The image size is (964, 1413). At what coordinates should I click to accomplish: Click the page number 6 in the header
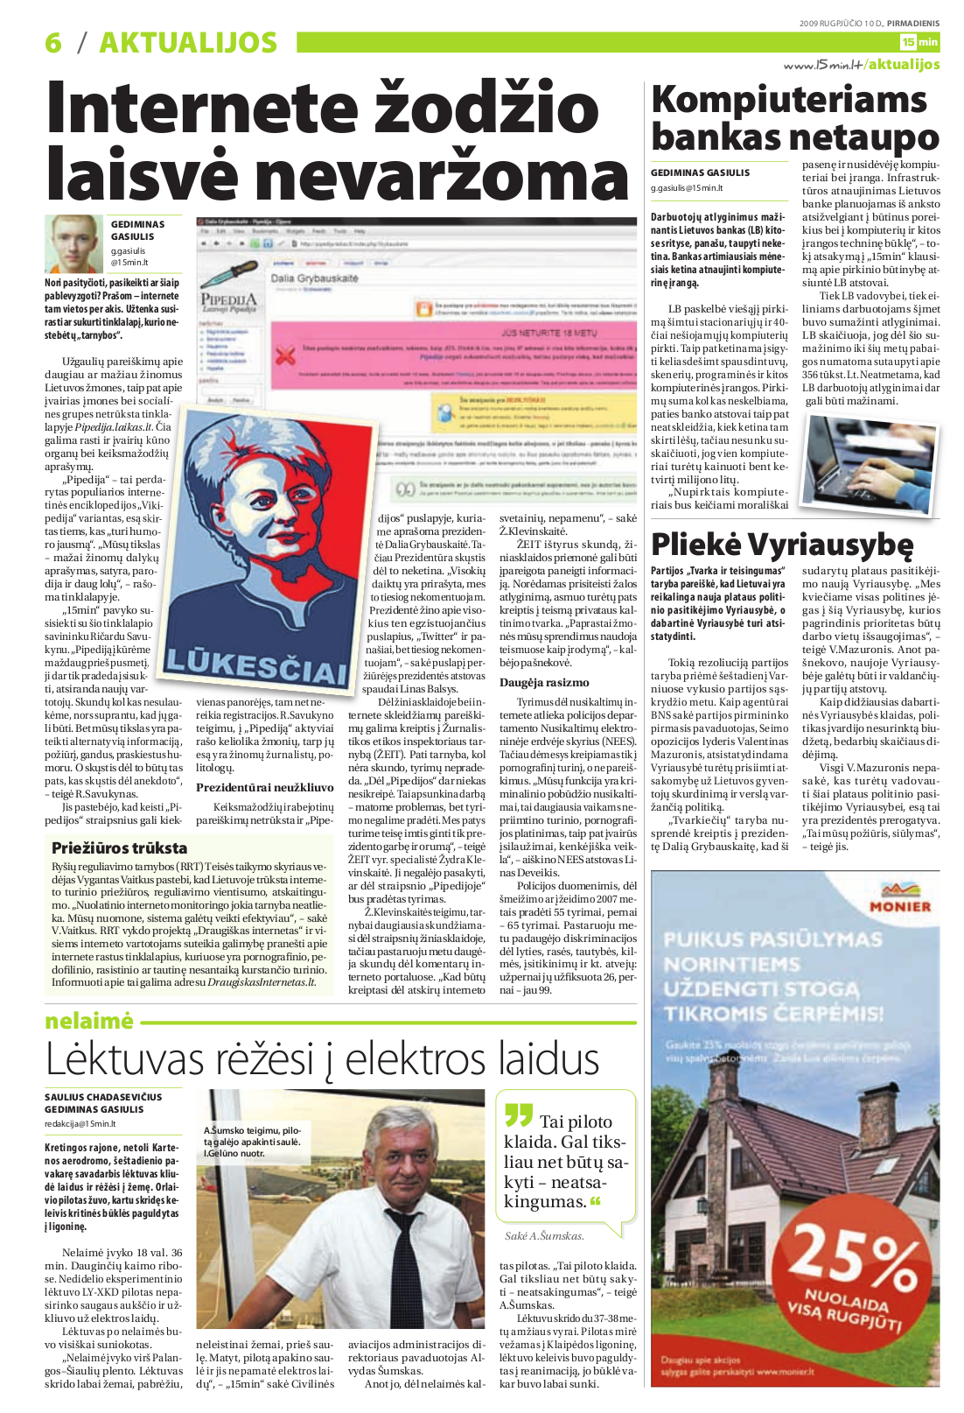pyautogui.click(x=54, y=42)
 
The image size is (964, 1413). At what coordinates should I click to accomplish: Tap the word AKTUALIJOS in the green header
pyautogui.click(x=188, y=42)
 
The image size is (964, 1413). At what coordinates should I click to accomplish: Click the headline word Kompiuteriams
pyautogui.click(x=789, y=100)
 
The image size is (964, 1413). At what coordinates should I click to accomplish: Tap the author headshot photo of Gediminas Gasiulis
pyautogui.click(x=74, y=243)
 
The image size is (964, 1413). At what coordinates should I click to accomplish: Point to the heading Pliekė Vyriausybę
pyautogui.click(x=782, y=545)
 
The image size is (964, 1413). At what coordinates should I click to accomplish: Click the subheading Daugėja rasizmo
pyautogui.click(x=544, y=683)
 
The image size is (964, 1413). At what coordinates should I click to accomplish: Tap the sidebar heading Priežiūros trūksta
pyautogui.click(x=119, y=847)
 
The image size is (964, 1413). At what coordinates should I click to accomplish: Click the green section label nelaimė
pyautogui.click(x=89, y=1021)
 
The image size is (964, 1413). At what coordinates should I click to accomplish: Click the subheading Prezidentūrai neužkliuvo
pyautogui.click(x=264, y=787)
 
